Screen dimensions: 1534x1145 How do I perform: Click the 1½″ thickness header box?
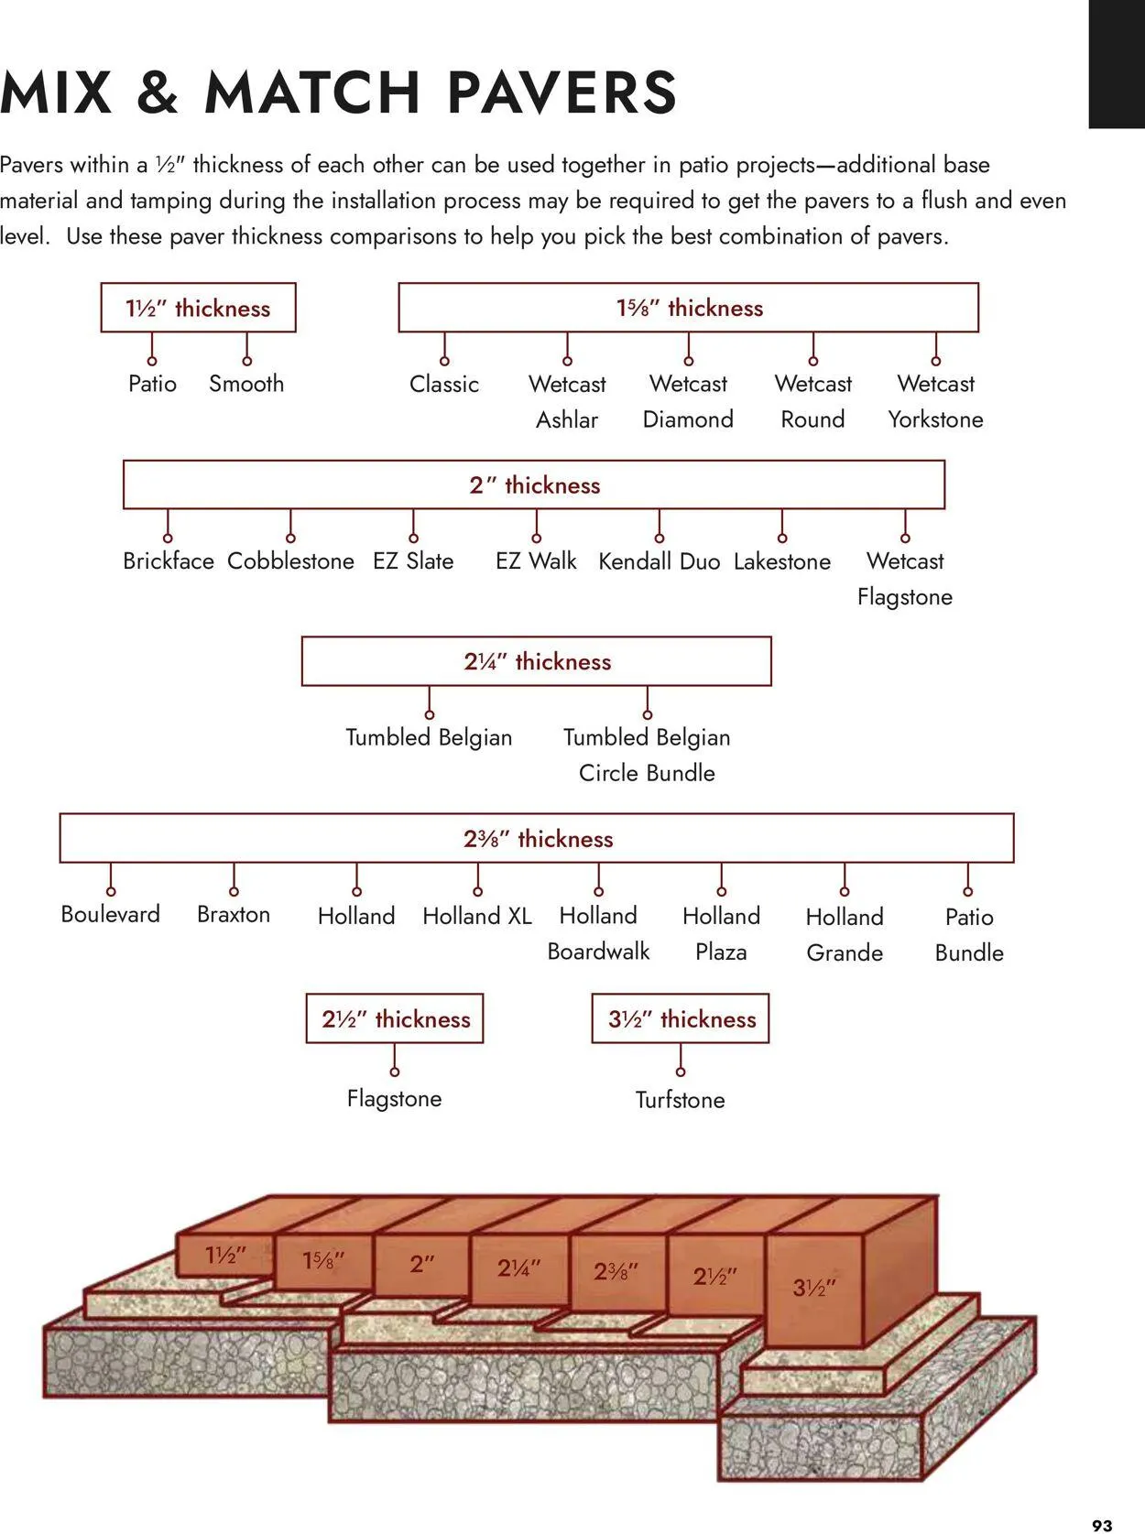(198, 308)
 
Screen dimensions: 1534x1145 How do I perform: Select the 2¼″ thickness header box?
(537, 661)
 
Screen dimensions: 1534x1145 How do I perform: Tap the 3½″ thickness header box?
(681, 1018)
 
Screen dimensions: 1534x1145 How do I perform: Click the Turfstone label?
(680, 1099)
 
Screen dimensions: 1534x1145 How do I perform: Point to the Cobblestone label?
(290, 560)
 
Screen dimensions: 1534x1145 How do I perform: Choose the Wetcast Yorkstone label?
(935, 401)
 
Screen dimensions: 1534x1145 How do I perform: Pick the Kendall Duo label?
(659, 561)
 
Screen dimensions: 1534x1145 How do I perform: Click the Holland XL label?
(477, 915)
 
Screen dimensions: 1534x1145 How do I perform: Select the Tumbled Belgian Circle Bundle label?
(647, 755)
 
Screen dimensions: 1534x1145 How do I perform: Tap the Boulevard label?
(110, 914)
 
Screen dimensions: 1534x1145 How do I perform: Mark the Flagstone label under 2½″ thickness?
(394, 1098)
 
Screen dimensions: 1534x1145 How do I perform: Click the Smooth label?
(246, 384)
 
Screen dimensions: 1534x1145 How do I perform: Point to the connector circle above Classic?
(444, 361)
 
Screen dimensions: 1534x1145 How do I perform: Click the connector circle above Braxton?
(234, 891)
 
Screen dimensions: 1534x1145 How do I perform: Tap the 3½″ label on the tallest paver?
(814, 1287)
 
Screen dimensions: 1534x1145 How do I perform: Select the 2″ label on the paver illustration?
(422, 1264)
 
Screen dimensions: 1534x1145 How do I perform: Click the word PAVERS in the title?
(562, 93)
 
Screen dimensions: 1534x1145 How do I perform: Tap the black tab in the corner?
(1117, 64)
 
